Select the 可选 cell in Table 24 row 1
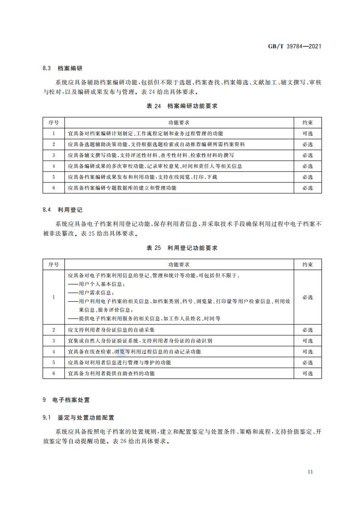click(x=307, y=133)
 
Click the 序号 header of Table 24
click(x=54, y=122)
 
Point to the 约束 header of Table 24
click(x=307, y=122)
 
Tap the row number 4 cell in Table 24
click(x=54, y=166)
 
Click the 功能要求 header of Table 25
click(x=179, y=264)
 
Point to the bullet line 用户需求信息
click(x=91, y=293)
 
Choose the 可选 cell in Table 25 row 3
click(x=307, y=341)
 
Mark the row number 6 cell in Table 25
click(x=54, y=373)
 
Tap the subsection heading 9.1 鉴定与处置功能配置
click(x=78, y=416)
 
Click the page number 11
click(x=310, y=471)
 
